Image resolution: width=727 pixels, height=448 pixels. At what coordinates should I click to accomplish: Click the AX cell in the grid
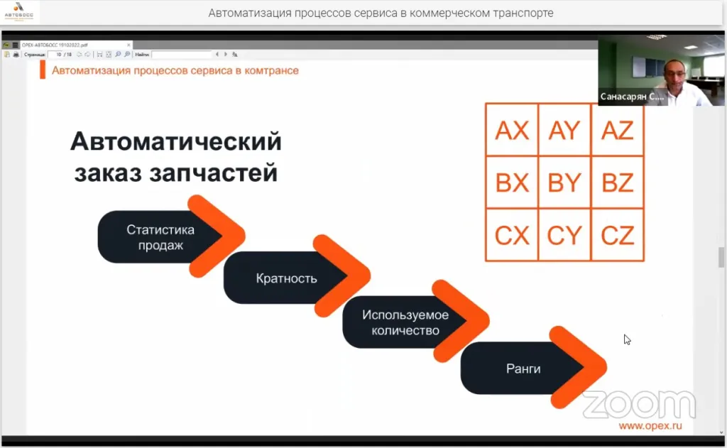tap(512, 130)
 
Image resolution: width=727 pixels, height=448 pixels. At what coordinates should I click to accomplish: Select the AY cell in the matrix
tap(564, 130)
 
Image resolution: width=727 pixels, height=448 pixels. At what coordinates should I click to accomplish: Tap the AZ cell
tap(617, 130)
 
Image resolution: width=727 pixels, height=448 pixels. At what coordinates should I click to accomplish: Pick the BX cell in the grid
tap(512, 182)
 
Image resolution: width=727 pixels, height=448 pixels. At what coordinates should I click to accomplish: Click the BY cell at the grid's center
tap(564, 182)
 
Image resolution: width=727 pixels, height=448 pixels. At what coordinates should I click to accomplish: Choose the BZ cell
tap(617, 182)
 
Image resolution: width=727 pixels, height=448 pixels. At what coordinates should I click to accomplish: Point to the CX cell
tap(512, 235)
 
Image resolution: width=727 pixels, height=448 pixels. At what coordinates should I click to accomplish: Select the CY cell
tap(564, 235)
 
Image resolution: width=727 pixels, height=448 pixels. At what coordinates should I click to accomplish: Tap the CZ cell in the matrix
tap(617, 235)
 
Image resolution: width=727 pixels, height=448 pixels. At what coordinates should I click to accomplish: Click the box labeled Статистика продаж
tap(160, 237)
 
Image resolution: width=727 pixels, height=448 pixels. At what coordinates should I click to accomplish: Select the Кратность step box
tap(285, 278)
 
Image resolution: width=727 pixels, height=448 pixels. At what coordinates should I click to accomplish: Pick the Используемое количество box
tap(405, 322)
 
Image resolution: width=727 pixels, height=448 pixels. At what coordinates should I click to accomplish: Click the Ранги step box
tap(523, 368)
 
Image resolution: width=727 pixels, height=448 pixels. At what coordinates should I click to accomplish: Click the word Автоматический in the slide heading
tap(176, 142)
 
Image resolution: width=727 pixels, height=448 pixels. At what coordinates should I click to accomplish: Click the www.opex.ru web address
tap(650, 425)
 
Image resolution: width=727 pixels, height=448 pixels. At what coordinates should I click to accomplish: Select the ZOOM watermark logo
tap(638, 404)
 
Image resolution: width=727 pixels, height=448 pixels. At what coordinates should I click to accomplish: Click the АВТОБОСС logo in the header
tap(19, 12)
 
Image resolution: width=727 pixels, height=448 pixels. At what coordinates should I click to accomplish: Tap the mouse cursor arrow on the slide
tap(627, 339)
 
